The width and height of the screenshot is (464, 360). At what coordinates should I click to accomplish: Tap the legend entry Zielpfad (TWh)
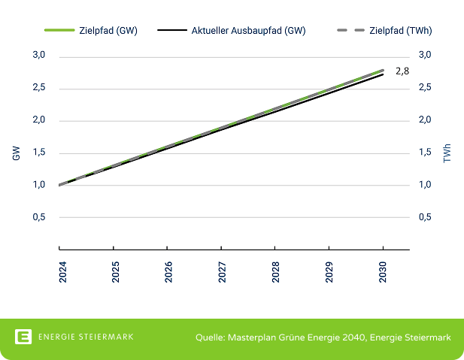[395, 31]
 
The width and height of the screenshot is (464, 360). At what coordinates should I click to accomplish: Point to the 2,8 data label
[402, 71]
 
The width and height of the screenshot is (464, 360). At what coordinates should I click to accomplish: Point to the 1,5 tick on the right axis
[425, 153]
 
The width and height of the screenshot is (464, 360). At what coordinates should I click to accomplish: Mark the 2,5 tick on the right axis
[425, 88]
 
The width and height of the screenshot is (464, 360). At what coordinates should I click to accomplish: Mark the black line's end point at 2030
[383, 74]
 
